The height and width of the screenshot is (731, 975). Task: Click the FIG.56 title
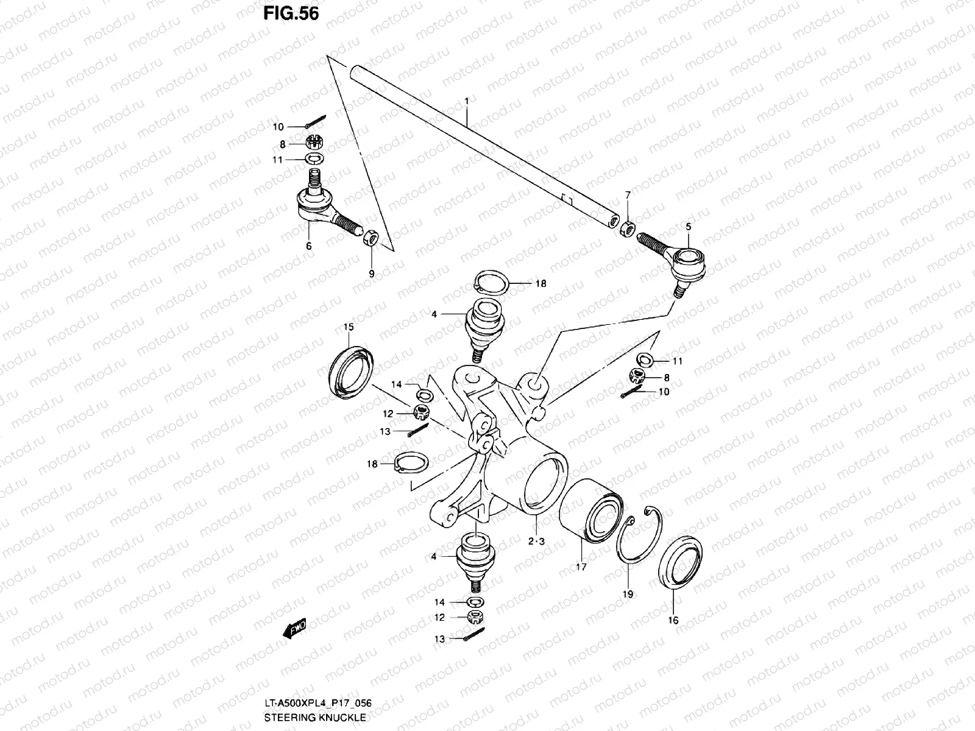(291, 13)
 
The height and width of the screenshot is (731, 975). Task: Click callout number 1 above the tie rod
(466, 100)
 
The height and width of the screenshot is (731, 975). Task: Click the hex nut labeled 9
(371, 238)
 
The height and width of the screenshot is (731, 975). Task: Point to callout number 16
(673, 621)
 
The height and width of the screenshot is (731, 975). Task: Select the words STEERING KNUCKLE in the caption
(315, 718)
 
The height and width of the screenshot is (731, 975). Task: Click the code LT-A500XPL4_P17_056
(317, 704)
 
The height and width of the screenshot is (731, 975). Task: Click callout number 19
(628, 594)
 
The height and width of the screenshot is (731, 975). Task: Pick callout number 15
(348, 328)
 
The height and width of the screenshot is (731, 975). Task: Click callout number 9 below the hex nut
(372, 274)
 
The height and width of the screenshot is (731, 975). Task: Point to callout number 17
(581, 567)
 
